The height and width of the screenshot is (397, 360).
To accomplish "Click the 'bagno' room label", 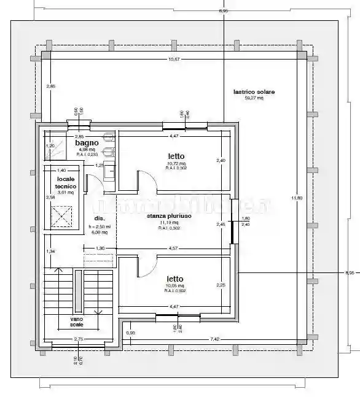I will click(x=87, y=142).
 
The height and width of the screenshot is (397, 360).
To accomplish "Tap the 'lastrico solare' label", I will click(x=254, y=92).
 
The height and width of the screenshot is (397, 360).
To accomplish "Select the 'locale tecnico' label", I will click(x=65, y=182).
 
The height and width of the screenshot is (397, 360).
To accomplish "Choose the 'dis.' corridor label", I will click(x=99, y=218).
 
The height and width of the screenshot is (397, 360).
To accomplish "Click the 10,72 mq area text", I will click(x=176, y=164).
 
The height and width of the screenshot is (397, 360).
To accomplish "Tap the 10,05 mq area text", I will click(x=175, y=286).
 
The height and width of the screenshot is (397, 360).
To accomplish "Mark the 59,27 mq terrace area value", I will click(x=254, y=98).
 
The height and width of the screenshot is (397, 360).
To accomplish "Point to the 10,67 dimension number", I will click(x=174, y=59).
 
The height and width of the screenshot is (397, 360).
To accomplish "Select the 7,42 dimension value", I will click(x=215, y=339).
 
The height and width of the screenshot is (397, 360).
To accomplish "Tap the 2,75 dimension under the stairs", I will click(x=79, y=339).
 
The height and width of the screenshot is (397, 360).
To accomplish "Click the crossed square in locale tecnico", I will click(x=61, y=217).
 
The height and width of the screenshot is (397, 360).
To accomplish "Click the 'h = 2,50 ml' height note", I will click(x=99, y=226).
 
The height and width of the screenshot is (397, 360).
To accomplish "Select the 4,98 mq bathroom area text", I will click(x=86, y=149).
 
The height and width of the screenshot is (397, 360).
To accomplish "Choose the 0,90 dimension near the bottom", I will click(x=131, y=333).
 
